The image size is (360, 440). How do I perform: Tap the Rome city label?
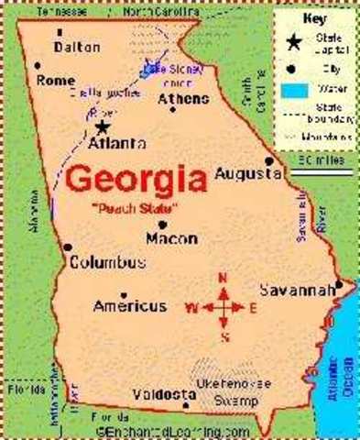tap(56, 81)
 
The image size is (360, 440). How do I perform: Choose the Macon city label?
tap(171, 238)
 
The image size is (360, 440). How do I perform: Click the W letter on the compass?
tap(191, 306)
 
